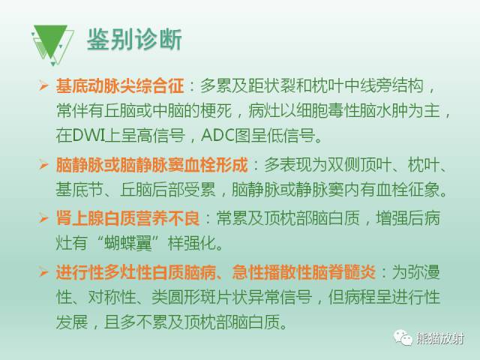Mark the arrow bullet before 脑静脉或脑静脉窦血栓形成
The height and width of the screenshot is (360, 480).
(43, 163)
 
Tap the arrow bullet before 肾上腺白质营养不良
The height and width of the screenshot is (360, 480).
(43, 217)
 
